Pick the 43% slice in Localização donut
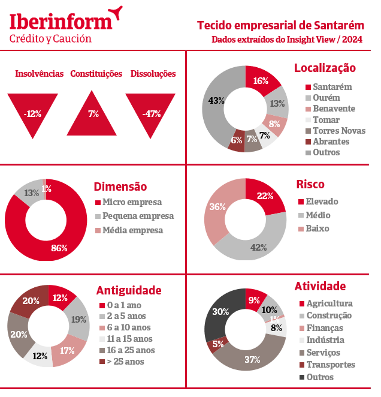pos(214,101)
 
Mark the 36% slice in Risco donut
pos(217,207)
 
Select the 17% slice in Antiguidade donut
pos(68,350)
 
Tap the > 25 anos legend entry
pos(126,361)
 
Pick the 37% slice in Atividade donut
pos(252,359)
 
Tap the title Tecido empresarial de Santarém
pos(280,25)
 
